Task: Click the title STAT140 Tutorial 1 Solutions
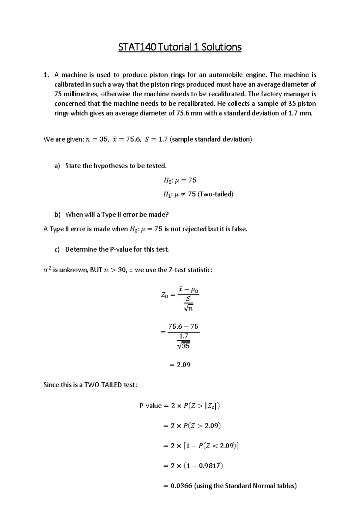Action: [180, 47]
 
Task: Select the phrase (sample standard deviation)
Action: [211, 139]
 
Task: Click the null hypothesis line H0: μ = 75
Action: [180, 180]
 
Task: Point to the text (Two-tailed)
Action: [215, 194]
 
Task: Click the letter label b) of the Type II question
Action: [57, 215]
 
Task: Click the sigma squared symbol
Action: [47, 270]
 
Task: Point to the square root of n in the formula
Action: [188, 308]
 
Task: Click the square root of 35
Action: [184, 346]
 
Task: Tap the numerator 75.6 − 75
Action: [183, 326]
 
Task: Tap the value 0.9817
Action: [210, 466]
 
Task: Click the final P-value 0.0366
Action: [181, 486]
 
